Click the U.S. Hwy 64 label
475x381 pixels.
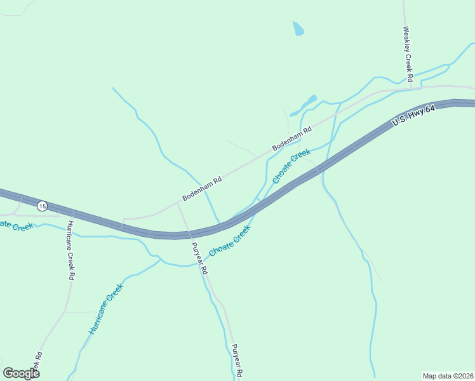point(413,116)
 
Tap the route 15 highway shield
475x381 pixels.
point(42,206)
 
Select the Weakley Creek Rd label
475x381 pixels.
point(408,53)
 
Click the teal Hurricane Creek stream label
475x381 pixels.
point(105,309)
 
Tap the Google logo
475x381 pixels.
point(21,373)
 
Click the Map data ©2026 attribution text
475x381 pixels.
point(447,376)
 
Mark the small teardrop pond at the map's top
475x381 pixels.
point(298,29)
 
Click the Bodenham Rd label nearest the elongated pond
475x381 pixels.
point(292,138)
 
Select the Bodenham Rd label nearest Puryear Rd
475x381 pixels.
point(202,189)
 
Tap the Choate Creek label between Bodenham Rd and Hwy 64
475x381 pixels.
point(291,166)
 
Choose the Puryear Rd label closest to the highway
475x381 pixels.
point(199,259)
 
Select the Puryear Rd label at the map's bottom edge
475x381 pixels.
point(237,361)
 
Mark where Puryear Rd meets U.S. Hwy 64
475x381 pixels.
point(189,235)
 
